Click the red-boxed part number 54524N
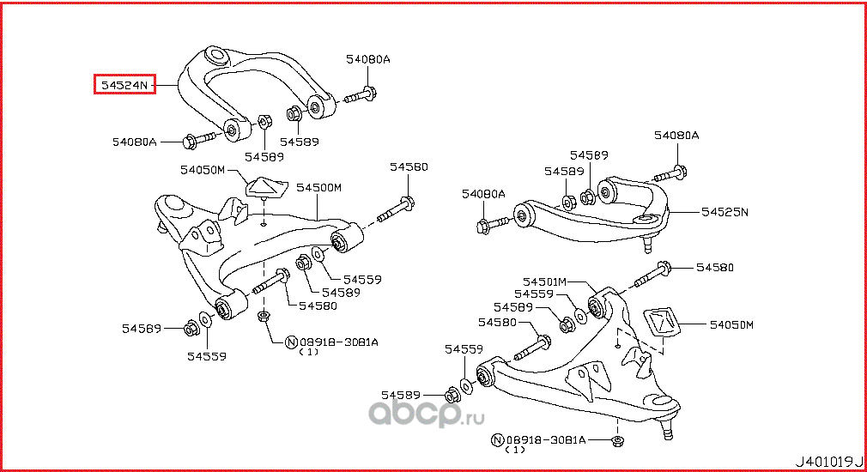[x=124, y=85]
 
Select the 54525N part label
[x=725, y=211]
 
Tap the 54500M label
[x=319, y=187]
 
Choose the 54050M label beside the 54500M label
[x=203, y=170]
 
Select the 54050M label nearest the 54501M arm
[x=731, y=325]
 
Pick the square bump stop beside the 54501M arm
[x=661, y=325]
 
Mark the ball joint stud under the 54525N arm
[x=649, y=244]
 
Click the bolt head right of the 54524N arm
[x=369, y=93]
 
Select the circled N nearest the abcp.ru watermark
[x=497, y=440]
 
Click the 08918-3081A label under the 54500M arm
[x=337, y=342]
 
